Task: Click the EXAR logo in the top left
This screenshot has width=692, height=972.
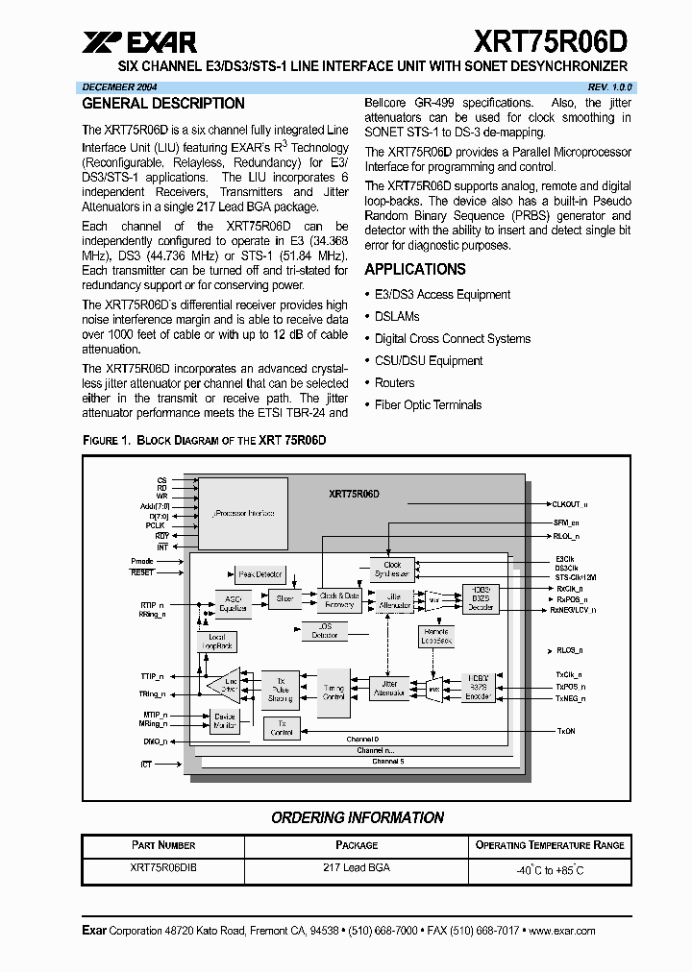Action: tap(139, 41)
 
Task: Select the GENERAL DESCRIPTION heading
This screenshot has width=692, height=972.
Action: tap(163, 104)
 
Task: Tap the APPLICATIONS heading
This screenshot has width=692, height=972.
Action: tap(415, 270)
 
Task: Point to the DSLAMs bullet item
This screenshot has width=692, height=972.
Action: tap(397, 317)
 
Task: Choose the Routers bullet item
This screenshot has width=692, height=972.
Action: tap(395, 383)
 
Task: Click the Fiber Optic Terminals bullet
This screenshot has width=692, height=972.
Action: tap(428, 405)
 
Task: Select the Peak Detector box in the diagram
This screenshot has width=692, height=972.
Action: tap(259, 574)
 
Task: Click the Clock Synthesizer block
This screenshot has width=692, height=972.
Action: tap(392, 570)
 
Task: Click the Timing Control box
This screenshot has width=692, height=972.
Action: tap(334, 693)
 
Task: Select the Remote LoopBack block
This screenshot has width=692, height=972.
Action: tap(436, 636)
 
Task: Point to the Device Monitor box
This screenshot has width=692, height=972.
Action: tap(225, 721)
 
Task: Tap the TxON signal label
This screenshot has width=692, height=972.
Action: tap(566, 732)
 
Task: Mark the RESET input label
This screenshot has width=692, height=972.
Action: tap(142, 572)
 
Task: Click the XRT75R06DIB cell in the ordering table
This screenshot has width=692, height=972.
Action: tap(163, 867)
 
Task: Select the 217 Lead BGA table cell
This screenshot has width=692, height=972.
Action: tap(357, 867)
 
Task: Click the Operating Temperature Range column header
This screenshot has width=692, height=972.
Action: tap(550, 845)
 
